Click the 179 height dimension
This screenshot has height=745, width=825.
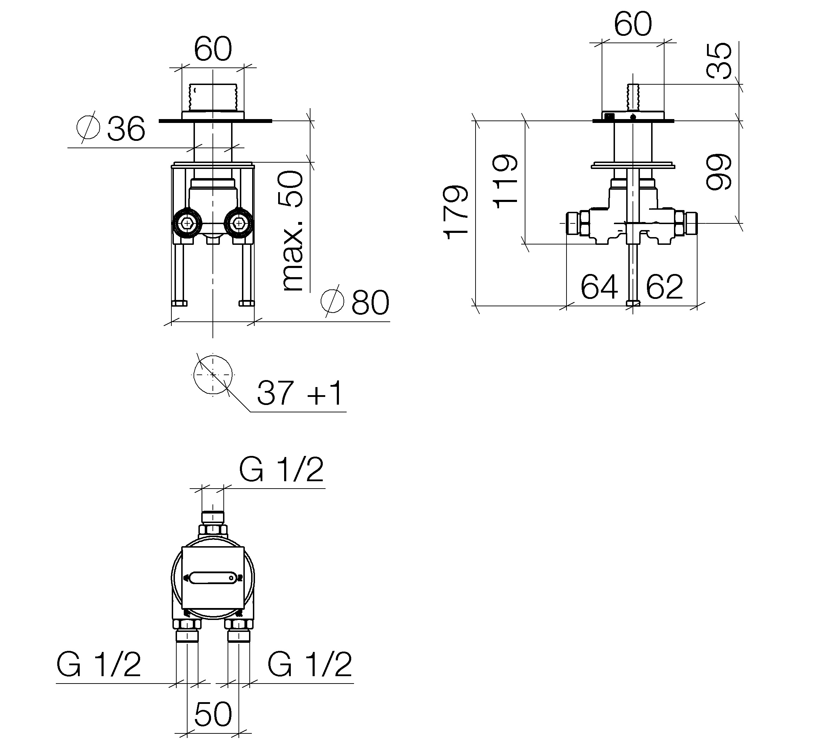456,213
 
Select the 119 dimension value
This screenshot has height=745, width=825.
505,181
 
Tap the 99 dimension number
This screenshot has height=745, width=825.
719,172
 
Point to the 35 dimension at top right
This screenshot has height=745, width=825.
719,60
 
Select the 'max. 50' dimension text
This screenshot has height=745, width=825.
293,231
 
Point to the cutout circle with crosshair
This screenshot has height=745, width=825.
213,374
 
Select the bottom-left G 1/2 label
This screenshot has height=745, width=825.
99,665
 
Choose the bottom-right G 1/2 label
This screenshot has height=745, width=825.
310,665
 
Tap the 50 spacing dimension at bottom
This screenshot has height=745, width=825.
213,714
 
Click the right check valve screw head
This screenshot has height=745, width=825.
238,223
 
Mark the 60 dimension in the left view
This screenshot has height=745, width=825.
213,49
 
